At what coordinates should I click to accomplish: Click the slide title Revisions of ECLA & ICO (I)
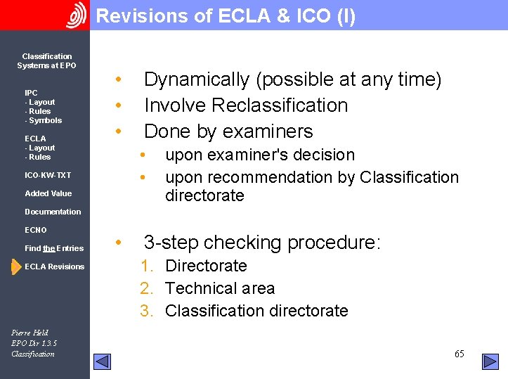click(x=226, y=16)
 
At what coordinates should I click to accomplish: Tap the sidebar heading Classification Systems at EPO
click(x=46, y=61)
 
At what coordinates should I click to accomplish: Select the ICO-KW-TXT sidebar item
click(x=48, y=175)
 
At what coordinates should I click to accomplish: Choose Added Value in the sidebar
click(x=48, y=193)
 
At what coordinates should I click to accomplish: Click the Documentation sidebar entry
click(x=53, y=212)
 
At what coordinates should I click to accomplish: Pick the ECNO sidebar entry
click(x=36, y=230)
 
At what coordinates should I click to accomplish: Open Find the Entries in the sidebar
click(x=54, y=248)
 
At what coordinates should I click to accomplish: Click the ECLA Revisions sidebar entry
click(x=54, y=266)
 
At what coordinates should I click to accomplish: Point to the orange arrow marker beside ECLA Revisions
click(x=16, y=267)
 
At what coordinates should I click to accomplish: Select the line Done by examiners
click(x=228, y=131)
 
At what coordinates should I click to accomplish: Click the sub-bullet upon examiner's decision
click(x=259, y=155)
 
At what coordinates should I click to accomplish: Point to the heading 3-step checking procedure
click(x=262, y=243)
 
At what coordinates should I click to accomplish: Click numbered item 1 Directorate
click(x=206, y=266)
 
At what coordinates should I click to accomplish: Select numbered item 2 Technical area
click(x=219, y=288)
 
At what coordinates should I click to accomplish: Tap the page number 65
click(x=459, y=354)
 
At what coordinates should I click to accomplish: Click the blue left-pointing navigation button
click(x=103, y=361)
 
